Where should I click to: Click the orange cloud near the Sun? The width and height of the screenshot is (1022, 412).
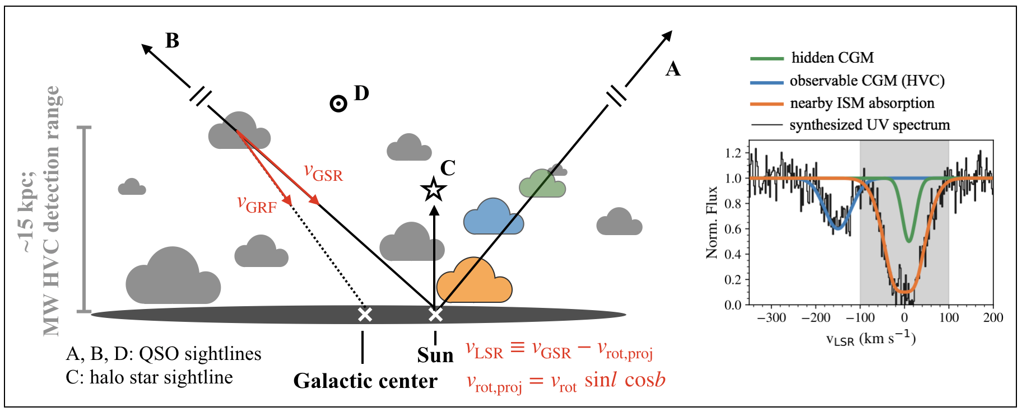point(474,283)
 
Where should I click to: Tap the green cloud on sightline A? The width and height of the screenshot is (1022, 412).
point(541,184)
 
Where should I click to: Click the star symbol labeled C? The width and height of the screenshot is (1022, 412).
point(434,190)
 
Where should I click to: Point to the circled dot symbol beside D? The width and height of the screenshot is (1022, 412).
point(338,104)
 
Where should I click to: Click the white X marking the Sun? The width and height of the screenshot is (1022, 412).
point(435,315)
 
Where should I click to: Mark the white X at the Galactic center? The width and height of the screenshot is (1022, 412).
point(365,315)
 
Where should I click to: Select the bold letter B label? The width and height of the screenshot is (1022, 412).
point(172,41)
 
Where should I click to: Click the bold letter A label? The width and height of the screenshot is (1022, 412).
point(672,69)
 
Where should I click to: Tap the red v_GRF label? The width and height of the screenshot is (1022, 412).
point(257,204)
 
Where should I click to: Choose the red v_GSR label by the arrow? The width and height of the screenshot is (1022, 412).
point(323,173)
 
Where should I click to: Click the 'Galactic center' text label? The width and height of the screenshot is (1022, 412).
point(365,381)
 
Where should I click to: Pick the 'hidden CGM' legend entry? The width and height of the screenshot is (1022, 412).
point(832,58)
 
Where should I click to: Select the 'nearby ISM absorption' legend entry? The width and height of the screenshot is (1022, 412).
point(862,103)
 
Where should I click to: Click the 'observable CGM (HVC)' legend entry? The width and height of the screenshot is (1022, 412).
point(867,81)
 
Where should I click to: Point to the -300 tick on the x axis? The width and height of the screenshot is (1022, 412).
point(771,318)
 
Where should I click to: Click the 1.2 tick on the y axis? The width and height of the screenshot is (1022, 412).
point(733,153)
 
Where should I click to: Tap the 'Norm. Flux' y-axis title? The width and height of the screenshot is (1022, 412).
point(712,222)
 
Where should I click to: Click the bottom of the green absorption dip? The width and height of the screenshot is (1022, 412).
point(908,241)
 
